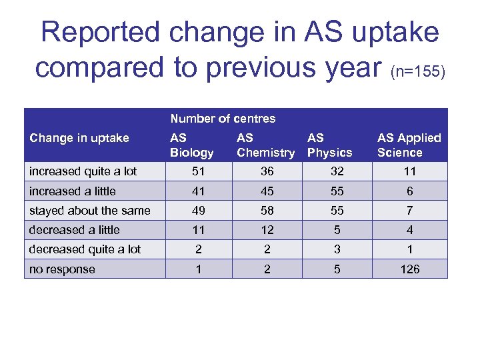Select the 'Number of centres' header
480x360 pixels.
point(223,119)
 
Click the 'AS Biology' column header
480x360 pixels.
point(191,145)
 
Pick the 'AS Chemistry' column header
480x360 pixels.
point(265,145)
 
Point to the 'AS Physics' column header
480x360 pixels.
point(329,145)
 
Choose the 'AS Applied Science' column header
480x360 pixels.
point(409,145)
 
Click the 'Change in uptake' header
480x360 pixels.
point(79,138)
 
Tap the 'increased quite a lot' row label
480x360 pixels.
point(83,171)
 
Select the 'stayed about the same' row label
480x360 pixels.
point(89,211)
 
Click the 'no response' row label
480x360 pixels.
point(62,269)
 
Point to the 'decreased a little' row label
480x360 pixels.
point(74,230)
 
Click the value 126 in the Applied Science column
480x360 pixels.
point(410,269)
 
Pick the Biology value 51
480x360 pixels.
point(198,171)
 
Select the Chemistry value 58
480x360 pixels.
point(267,211)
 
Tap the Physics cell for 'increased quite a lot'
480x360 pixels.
point(337,171)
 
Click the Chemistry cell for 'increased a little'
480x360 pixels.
point(267,191)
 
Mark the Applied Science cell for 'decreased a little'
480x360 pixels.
point(410,230)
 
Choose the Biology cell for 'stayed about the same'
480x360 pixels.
point(198,211)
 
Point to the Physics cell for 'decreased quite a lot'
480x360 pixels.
point(337,249)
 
